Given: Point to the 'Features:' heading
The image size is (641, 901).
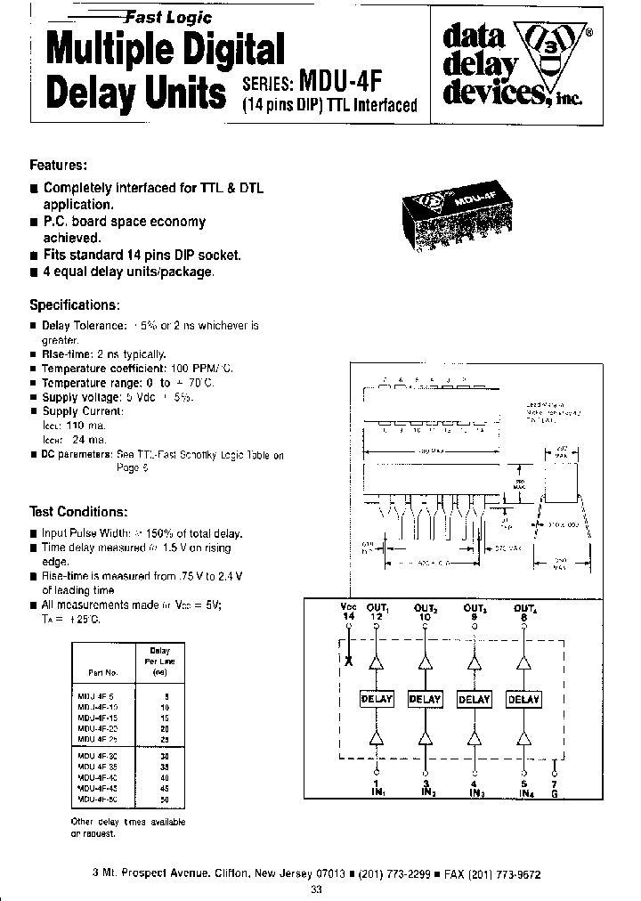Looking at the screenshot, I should (59, 166).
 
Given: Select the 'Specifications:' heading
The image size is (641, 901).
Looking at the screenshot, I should (75, 304).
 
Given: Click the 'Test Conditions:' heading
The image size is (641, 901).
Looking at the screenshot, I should (78, 512).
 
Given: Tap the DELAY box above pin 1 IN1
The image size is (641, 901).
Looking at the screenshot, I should (376, 700).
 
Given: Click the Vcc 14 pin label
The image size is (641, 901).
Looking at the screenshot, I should (348, 612).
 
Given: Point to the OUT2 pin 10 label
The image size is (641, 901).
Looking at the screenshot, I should (426, 612).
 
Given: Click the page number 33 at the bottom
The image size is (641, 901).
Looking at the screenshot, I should (316, 889).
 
